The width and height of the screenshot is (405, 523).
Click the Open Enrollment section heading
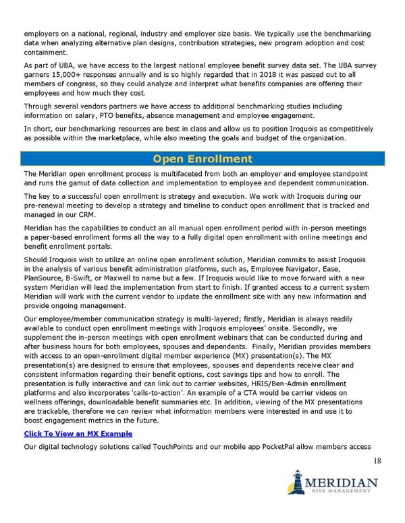(202, 160)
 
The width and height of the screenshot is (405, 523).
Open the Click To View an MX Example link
(78, 433)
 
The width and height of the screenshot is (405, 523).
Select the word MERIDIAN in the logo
(341, 483)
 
